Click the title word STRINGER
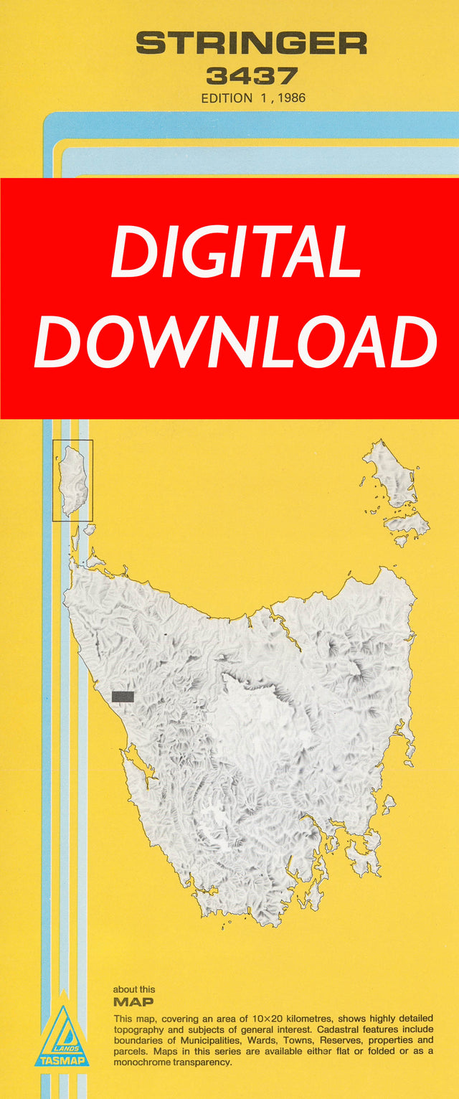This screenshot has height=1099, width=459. [x=251, y=43]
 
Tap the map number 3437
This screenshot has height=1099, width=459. [x=252, y=76]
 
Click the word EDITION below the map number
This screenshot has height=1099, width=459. [x=227, y=98]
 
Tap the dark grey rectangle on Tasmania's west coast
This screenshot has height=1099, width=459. [x=123, y=696]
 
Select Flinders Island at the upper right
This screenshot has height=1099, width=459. [x=392, y=473]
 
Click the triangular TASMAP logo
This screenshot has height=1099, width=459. [x=62, y=1036]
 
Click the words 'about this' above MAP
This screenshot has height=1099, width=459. [x=134, y=989]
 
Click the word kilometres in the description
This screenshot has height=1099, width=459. [x=316, y=1019]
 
